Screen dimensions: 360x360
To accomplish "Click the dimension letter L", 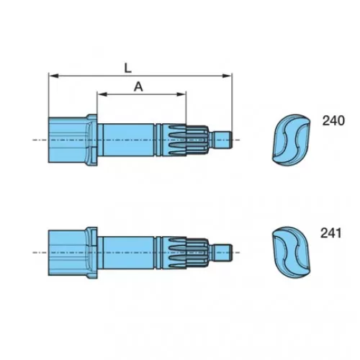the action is click(x=128, y=68).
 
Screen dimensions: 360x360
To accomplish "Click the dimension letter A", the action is click(x=138, y=86).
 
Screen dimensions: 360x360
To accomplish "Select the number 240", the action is click(x=333, y=121).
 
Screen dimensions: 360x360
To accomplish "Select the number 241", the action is click(x=330, y=233).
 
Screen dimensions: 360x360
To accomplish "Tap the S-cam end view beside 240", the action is click(x=291, y=140).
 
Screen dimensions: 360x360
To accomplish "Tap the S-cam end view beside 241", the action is click(x=291, y=252).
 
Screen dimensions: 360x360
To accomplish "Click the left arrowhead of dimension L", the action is click(x=53, y=76).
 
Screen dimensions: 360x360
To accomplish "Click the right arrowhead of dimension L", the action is click(x=227, y=76).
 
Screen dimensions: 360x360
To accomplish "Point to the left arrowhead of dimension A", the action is click(x=102, y=94).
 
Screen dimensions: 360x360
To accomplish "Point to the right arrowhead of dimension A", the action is click(x=181, y=94).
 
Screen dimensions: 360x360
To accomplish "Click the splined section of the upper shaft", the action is click(x=185, y=140).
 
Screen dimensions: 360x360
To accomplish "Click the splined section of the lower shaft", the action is click(x=185, y=252).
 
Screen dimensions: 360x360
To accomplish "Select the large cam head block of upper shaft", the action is click(x=67, y=140).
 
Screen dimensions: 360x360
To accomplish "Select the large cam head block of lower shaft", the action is click(x=67, y=253).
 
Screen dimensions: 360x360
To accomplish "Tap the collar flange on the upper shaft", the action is click(x=92, y=140).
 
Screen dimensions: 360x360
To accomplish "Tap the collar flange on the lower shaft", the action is click(x=92, y=253).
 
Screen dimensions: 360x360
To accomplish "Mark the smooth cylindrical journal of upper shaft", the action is click(x=128, y=140).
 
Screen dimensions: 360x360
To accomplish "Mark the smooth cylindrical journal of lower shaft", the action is click(x=128, y=252).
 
